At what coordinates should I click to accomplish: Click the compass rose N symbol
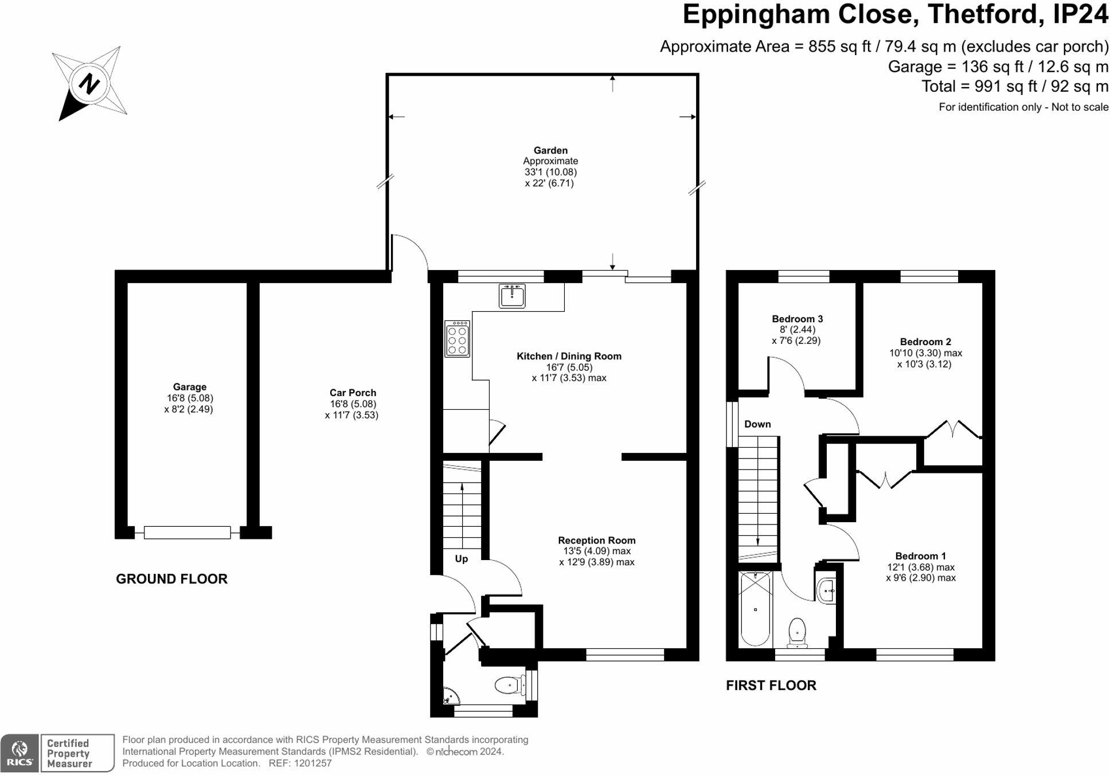[89, 84]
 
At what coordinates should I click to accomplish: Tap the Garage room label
[189, 387]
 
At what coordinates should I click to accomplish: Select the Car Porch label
[353, 393]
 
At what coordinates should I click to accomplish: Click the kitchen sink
[512, 296]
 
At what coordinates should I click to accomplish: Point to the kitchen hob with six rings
[457, 339]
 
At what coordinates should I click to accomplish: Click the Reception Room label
[597, 540]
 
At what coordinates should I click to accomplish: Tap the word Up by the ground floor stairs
[462, 559]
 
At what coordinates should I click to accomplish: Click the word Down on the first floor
[757, 424]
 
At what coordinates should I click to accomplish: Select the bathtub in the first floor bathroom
[756, 609]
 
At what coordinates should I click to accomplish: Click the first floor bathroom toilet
[797, 633]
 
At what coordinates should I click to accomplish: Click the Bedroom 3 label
[797, 319]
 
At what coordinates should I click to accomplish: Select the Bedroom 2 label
[925, 342]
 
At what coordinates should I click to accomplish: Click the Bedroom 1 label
[921, 556]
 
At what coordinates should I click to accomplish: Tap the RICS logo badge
[20, 753]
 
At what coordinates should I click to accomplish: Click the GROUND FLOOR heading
[171, 579]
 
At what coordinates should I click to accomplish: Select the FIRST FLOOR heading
[771, 686]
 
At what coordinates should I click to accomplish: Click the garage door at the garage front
[187, 533]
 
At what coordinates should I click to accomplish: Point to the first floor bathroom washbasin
[826, 590]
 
